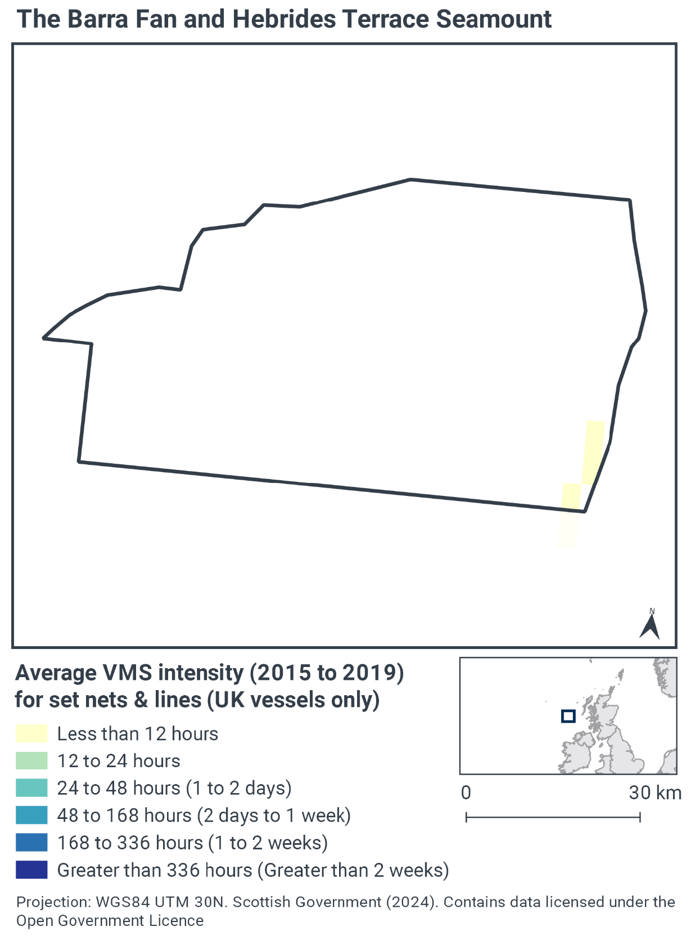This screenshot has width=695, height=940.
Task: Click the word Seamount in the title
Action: click(494, 19)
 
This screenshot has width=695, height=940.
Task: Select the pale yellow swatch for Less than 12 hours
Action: click(31, 734)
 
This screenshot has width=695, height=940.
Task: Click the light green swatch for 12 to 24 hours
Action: click(31, 761)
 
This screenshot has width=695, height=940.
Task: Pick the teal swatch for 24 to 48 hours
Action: click(31, 788)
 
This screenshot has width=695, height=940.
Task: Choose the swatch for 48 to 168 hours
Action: click(31, 815)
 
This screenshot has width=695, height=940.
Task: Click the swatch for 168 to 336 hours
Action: click(31, 843)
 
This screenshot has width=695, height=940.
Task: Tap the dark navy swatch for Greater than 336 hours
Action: click(31, 870)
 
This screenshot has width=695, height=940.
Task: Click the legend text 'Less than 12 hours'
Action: click(137, 734)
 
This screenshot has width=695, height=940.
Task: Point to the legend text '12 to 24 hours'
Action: click(119, 761)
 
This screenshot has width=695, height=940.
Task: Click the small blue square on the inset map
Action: click(568, 716)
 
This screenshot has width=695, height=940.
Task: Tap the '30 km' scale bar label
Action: click(655, 793)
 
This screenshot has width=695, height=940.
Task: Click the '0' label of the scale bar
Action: click(466, 793)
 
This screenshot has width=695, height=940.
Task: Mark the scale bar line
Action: click(553, 817)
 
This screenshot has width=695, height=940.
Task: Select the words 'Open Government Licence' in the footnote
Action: click(110, 921)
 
